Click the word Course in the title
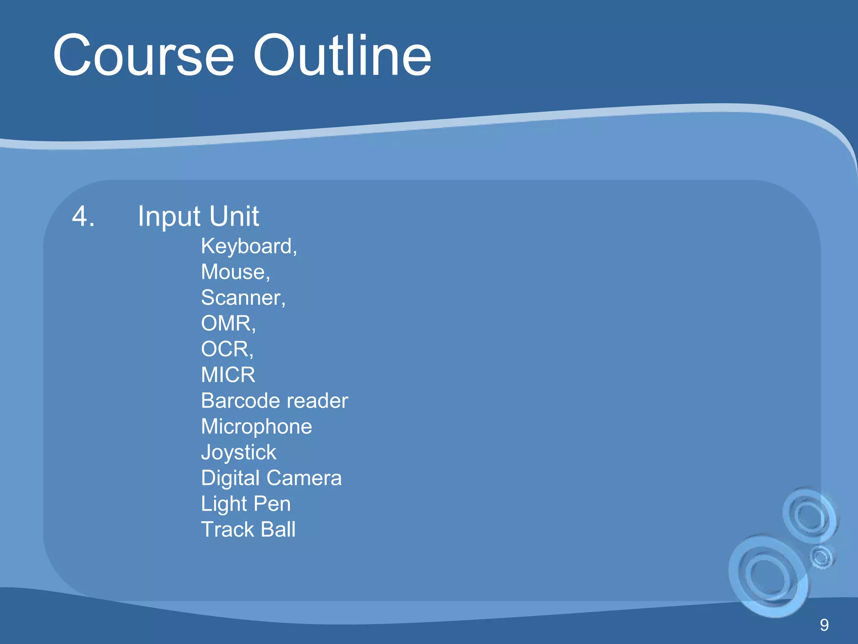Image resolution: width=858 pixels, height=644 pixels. point(143,56)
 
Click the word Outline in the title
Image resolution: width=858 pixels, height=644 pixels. point(342,56)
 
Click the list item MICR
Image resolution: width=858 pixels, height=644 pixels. point(228,375)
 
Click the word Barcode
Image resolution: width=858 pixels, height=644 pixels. point(239,401)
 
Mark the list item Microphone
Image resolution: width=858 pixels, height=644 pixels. point(256,427)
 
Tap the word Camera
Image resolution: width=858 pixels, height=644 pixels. point(304,478)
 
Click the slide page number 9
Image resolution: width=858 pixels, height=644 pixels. point(824,625)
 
